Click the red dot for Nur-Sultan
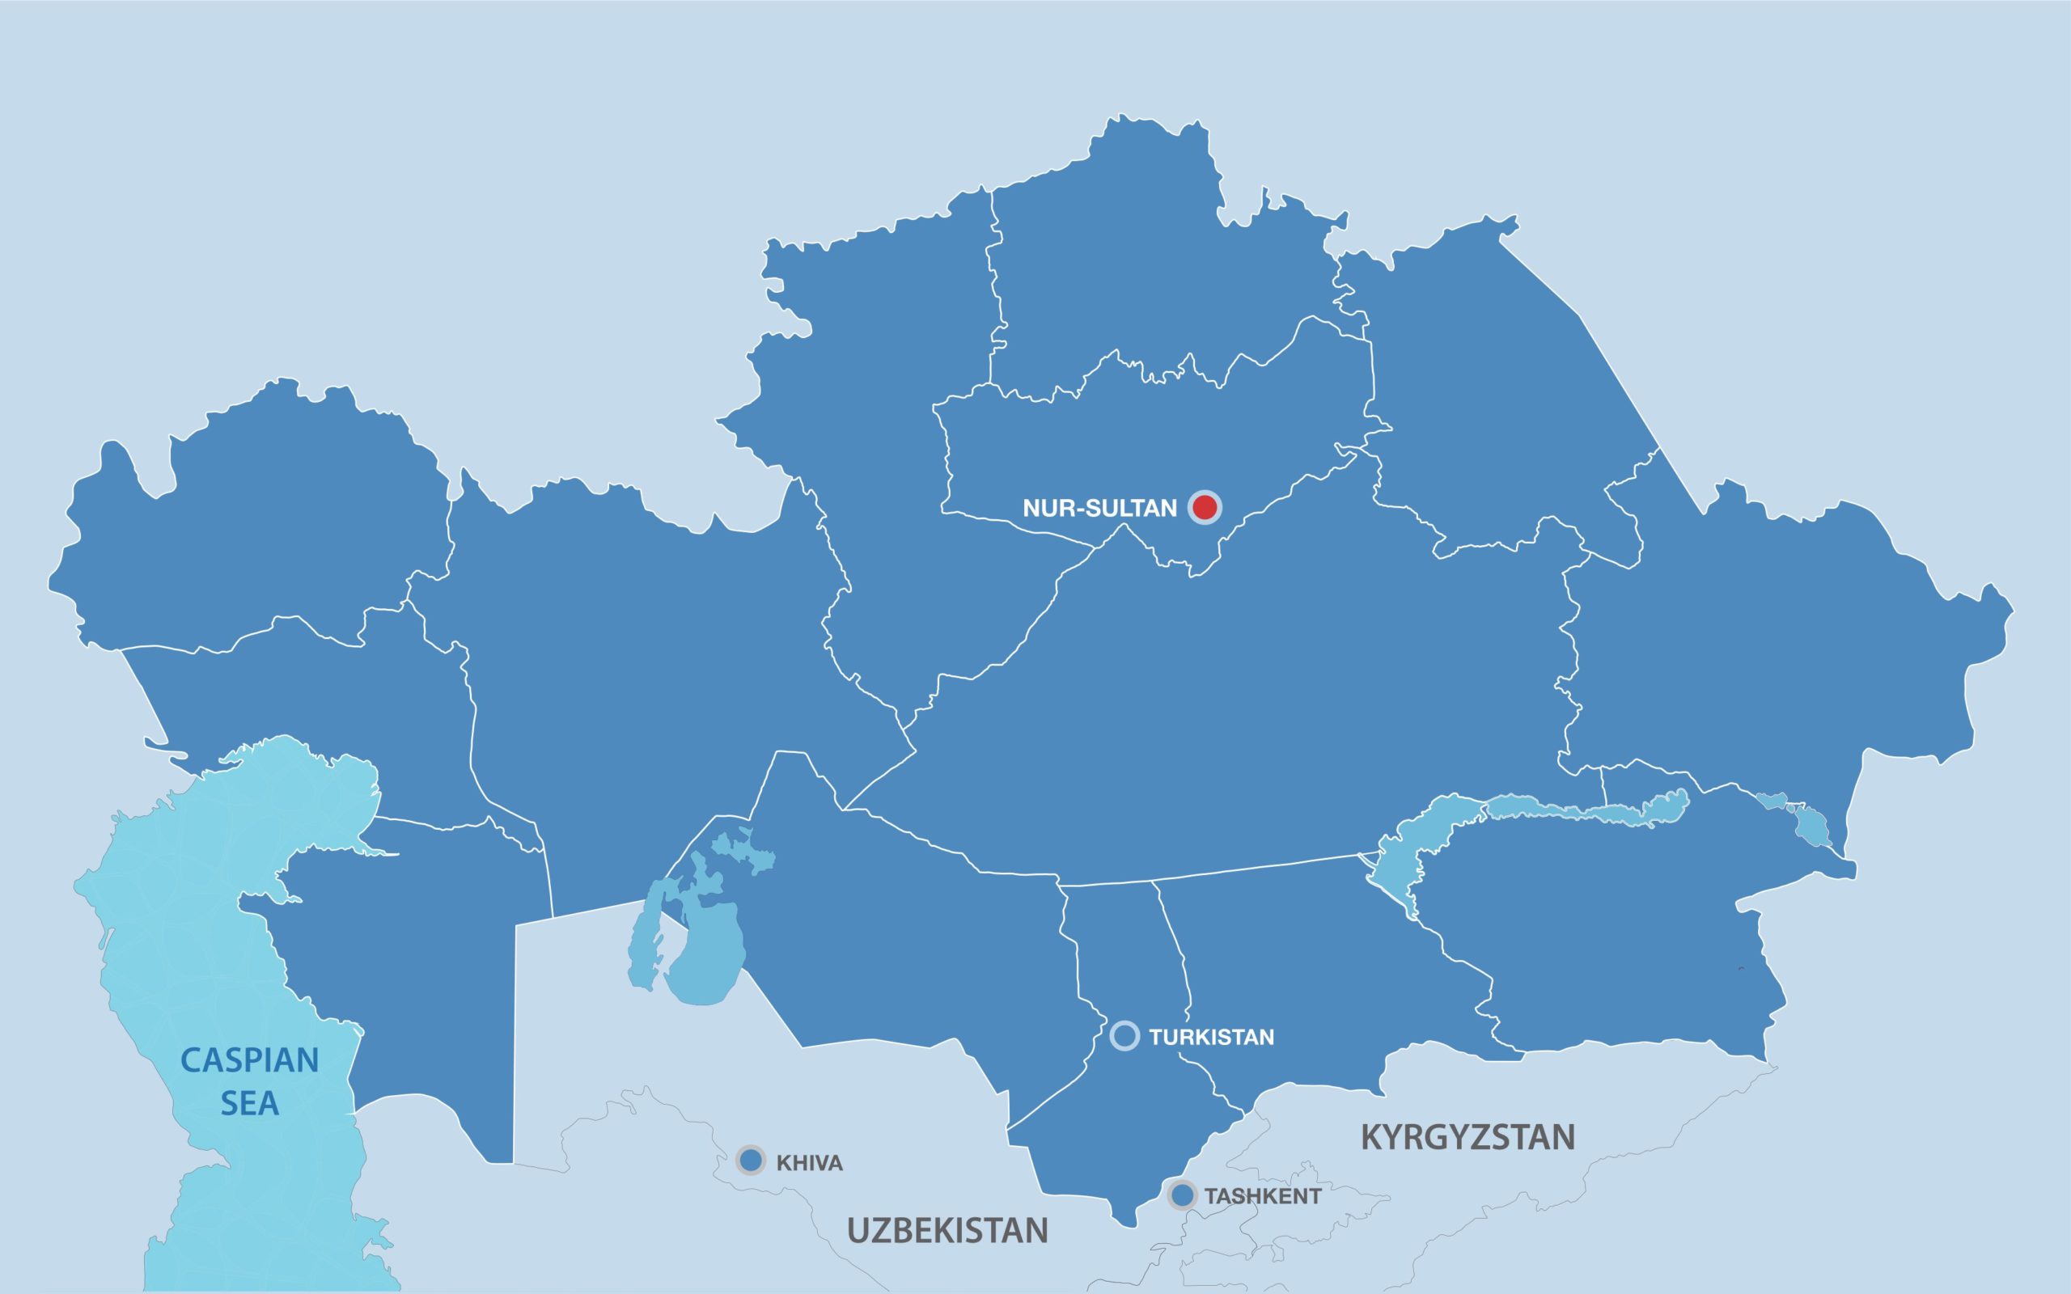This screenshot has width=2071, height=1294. click(x=1204, y=508)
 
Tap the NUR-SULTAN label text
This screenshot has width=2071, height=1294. click(x=1099, y=509)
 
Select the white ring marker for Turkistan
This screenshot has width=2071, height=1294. click(x=1124, y=1035)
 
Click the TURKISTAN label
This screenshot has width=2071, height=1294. click(x=1211, y=1038)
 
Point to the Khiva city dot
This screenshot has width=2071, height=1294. click(x=751, y=1161)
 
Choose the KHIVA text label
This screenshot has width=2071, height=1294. click(x=809, y=1163)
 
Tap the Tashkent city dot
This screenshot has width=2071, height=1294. click(x=1182, y=1195)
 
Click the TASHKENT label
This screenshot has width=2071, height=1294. click(x=1262, y=1196)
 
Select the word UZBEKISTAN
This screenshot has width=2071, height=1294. click(x=947, y=1231)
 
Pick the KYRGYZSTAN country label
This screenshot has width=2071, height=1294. click(x=1467, y=1136)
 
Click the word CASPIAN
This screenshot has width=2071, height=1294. click(x=249, y=1060)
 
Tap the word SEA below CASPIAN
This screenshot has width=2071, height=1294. click(x=249, y=1104)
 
